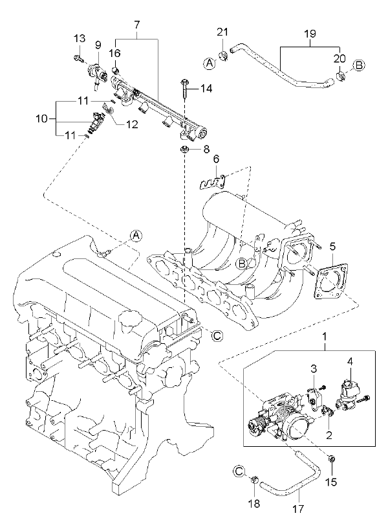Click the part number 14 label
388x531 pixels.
(x=206, y=89)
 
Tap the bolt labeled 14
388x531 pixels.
(x=185, y=88)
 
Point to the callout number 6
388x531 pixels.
(x=216, y=159)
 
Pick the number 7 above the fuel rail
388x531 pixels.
(x=136, y=25)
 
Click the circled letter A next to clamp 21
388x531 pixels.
(x=210, y=63)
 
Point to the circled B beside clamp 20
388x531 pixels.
(x=360, y=65)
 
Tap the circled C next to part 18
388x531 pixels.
(x=239, y=471)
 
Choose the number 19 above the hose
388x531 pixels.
(x=310, y=34)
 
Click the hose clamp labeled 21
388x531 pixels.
(x=222, y=55)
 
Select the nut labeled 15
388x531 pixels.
(x=332, y=460)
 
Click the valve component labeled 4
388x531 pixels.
(x=350, y=394)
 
